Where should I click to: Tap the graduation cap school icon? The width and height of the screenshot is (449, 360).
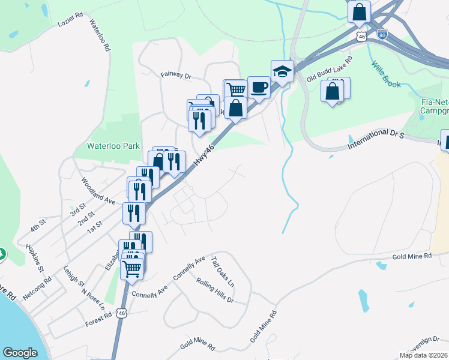[282, 72]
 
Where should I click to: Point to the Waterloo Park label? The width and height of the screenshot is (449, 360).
[113, 146]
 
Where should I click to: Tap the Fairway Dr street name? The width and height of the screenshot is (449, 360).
[175, 76]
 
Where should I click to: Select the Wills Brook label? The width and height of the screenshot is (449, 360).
[385, 74]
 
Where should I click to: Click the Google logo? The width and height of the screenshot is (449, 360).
[20, 353]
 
